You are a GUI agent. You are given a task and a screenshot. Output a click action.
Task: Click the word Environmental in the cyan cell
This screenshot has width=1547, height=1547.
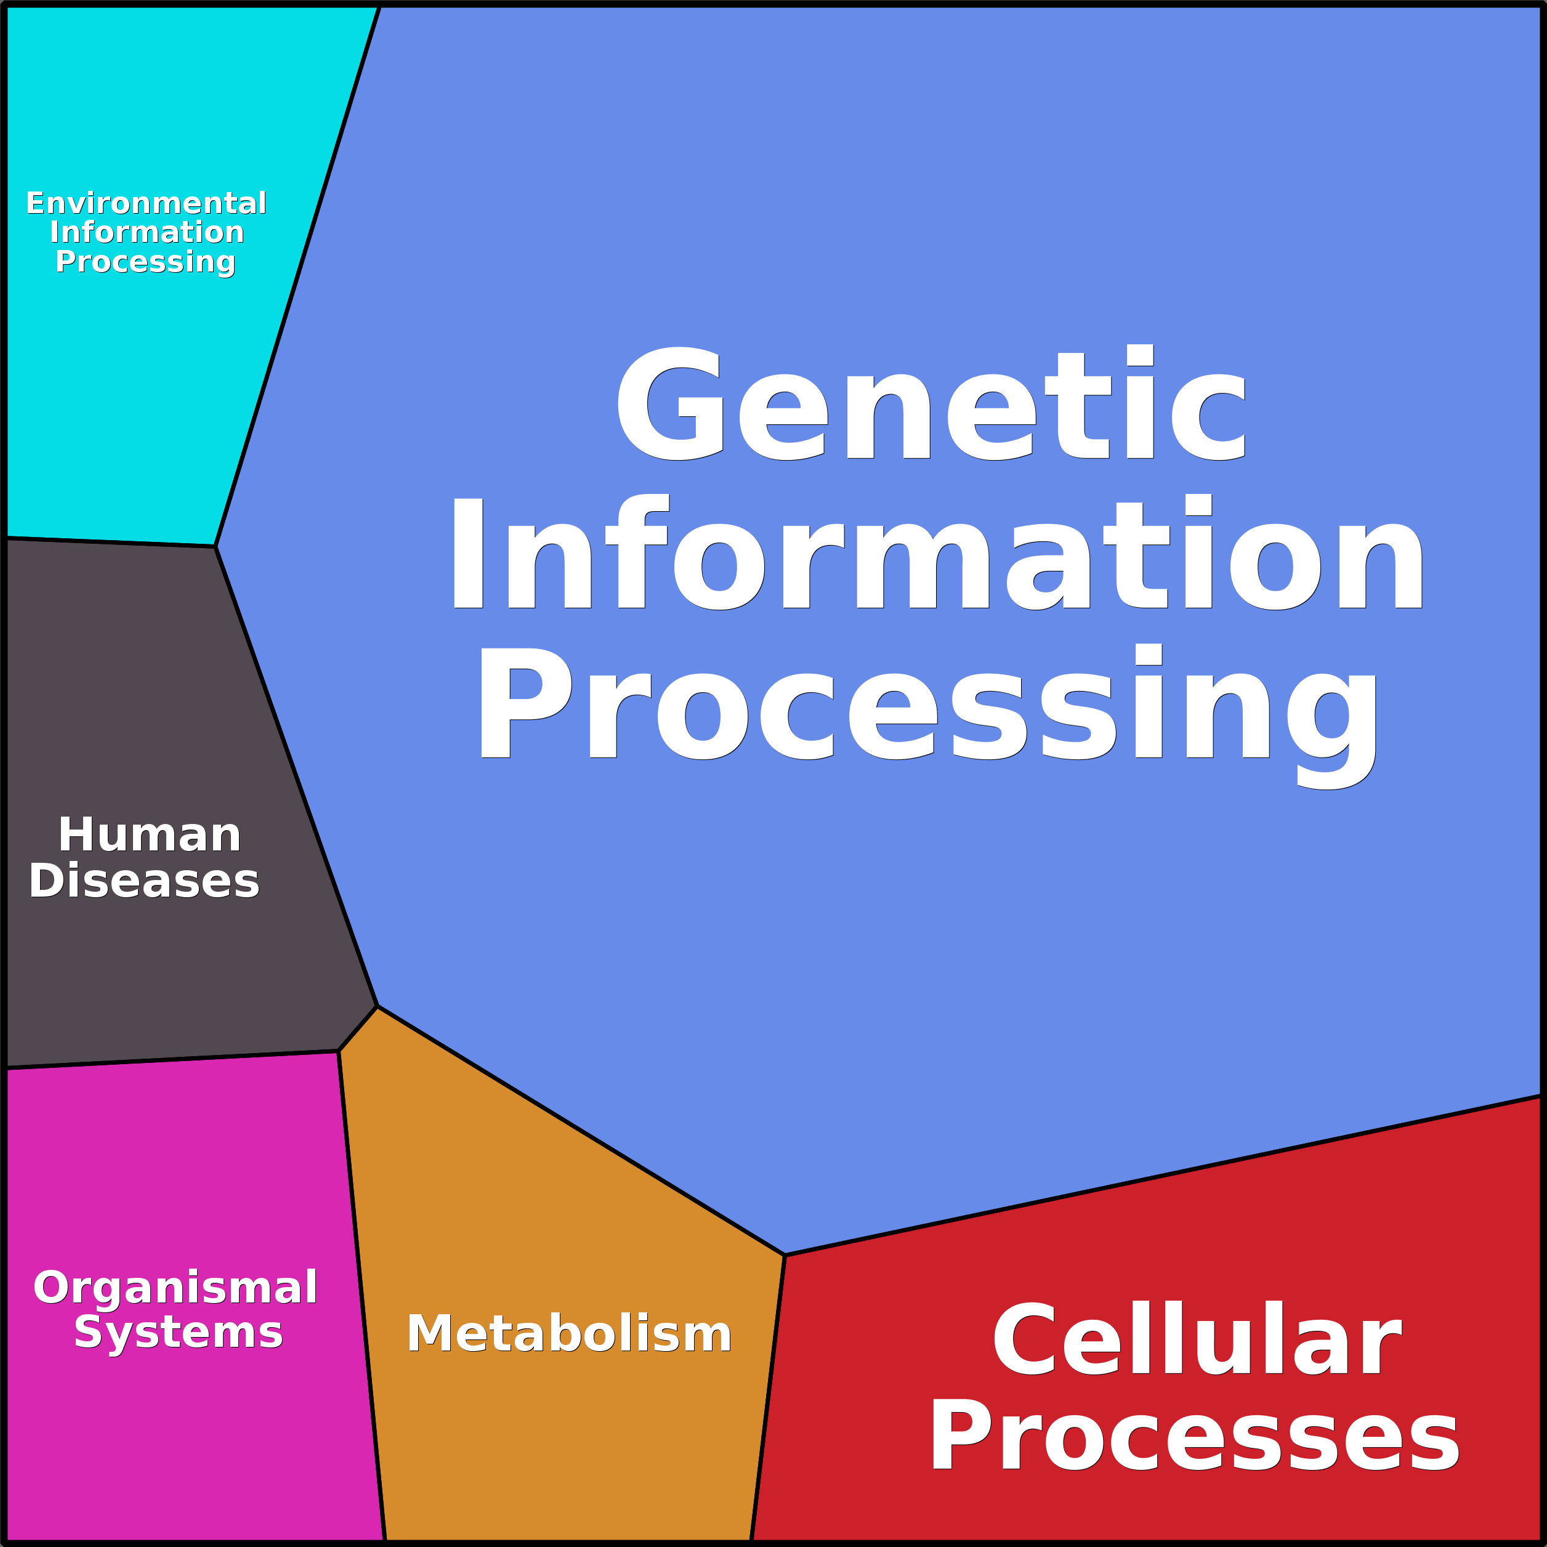pyautogui.click(x=147, y=203)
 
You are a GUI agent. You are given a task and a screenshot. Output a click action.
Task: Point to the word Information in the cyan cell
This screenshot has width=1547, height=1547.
pyautogui.click(x=147, y=232)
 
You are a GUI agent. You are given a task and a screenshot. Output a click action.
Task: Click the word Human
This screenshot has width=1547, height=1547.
pyautogui.click(x=150, y=835)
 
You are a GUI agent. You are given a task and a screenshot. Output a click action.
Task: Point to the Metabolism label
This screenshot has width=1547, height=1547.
pyautogui.click(x=569, y=1334)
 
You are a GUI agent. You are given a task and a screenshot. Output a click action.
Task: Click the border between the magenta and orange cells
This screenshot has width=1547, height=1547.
pyautogui.click(x=362, y=1297)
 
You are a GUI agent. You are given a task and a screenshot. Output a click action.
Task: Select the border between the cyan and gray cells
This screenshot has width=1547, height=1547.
pyautogui.click(x=110, y=542)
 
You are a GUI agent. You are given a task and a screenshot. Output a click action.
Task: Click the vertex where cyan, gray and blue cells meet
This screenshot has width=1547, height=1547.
pyautogui.click(x=216, y=546)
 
